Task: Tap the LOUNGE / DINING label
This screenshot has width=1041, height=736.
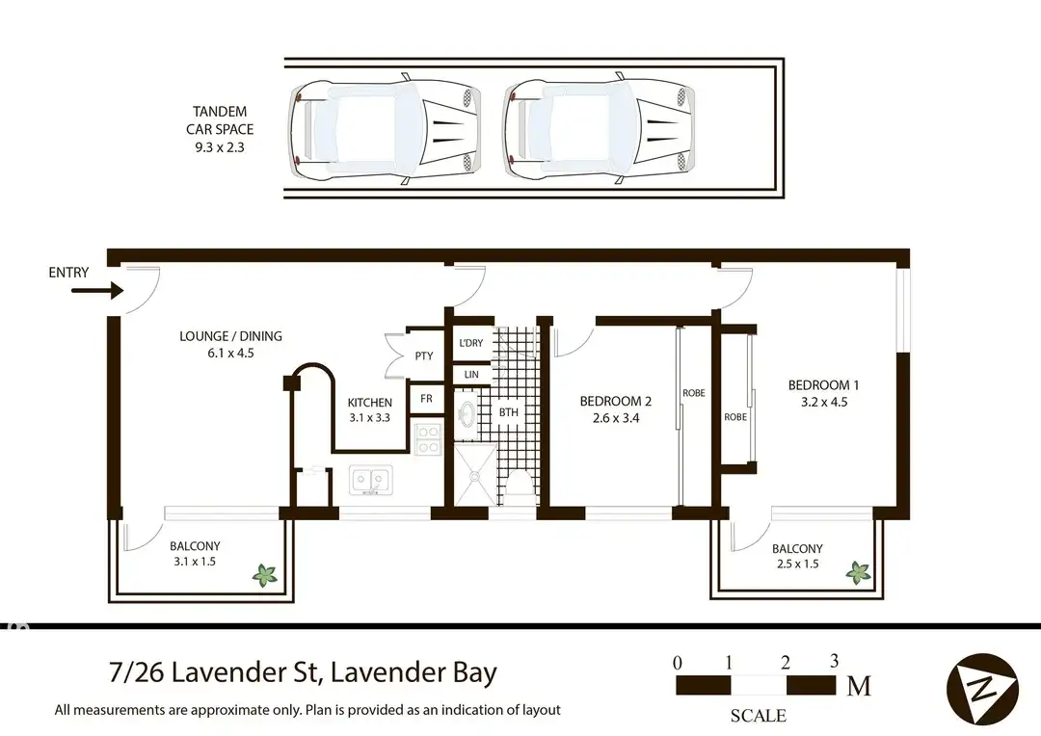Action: pyautogui.click(x=230, y=336)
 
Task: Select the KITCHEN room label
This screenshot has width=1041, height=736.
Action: pyautogui.click(x=370, y=403)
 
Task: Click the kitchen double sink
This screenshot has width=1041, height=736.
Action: pyautogui.click(x=371, y=479)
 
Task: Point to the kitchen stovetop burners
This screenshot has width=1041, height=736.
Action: pyautogui.click(x=427, y=439)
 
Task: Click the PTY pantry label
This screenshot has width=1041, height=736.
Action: pyautogui.click(x=424, y=356)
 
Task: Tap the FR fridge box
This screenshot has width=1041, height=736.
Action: pyautogui.click(x=425, y=398)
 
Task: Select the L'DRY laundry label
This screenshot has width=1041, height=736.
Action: pyautogui.click(x=471, y=344)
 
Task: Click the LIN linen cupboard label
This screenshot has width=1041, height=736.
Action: pyautogui.click(x=471, y=375)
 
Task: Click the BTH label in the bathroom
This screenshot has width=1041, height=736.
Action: pyautogui.click(x=508, y=413)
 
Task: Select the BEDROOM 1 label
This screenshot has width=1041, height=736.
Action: pyautogui.click(x=823, y=385)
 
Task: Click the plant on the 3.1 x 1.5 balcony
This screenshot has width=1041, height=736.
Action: pyautogui.click(x=265, y=575)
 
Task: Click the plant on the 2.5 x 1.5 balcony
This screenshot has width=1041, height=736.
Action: pyautogui.click(x=858, y=572)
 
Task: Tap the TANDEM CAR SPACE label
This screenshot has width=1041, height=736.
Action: pyautogui.click(x=221, y=120)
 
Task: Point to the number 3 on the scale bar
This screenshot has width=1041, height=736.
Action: pyautogui.click(x=834, y=661)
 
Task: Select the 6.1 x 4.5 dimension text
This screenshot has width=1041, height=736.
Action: pyautogui.click(x=230, y=353)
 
